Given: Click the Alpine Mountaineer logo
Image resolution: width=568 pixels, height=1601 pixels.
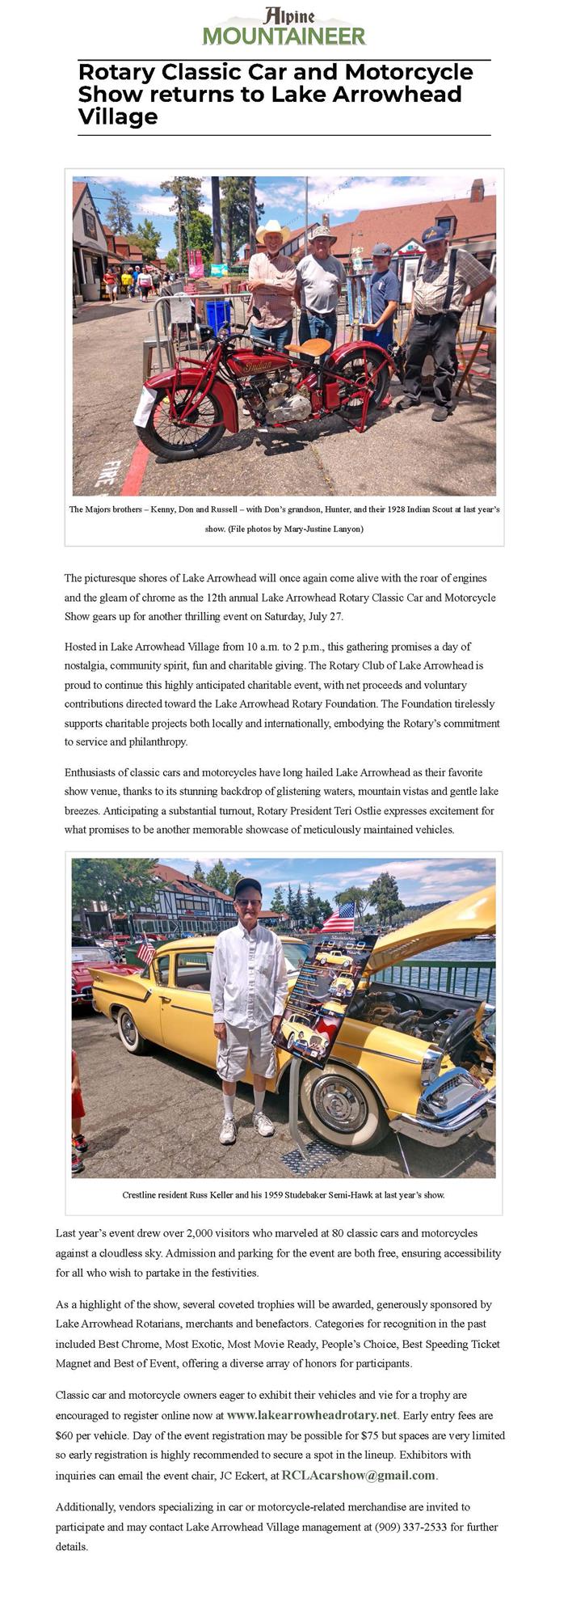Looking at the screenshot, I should [284, 27].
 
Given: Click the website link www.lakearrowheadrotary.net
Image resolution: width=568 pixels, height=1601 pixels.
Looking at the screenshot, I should [312, 1415].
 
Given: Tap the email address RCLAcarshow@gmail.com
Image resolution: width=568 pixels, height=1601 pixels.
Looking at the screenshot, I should [358, 1475].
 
